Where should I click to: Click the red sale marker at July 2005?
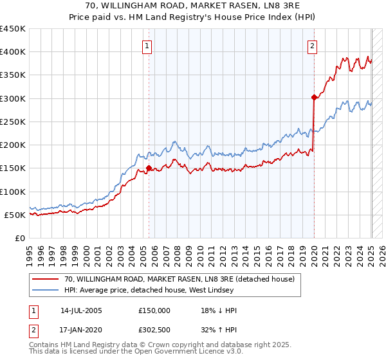tap(149, 168)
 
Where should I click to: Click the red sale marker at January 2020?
tap(314, 98)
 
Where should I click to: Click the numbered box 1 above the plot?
tap(148, 46)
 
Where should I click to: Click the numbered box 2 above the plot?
tap(312, 46)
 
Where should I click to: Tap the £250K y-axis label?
tap(13, 122)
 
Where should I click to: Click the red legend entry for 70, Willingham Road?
tap(179, 279)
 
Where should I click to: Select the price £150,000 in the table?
tap(154, 310)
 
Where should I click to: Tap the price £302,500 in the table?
tap(154, 329)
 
